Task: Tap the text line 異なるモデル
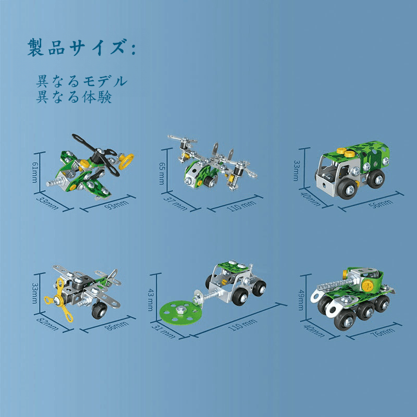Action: pyautogui.click(x=81, y=81)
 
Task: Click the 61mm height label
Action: pyautogui.click(x=35, y=172)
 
